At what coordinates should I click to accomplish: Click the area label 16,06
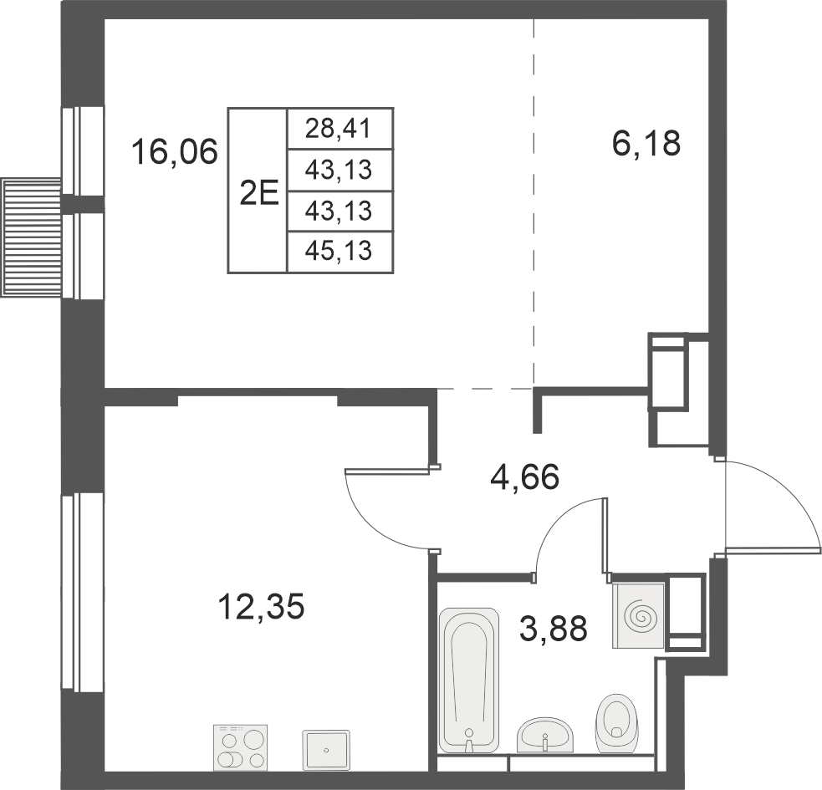pos(174,151)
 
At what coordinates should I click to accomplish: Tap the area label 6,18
pos(646,143)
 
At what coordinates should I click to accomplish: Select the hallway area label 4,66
pos(525,477)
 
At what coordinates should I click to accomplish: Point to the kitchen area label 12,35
pos(261,606)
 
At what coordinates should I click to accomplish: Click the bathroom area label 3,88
pos(553,628)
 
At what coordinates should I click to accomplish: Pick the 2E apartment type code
pos(258,193)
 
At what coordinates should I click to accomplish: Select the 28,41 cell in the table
pos(340,129)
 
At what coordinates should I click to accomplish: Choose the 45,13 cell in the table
pos(340,252)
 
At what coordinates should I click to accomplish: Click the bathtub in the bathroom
pos(468,680)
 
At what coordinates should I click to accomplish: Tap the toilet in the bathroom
pos(616,723)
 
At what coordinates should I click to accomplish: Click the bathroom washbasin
pos(545,735)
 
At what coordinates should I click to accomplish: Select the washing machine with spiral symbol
pos(639,615)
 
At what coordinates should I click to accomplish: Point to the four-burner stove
pos(241,747)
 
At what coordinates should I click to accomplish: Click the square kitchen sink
pos(326,750)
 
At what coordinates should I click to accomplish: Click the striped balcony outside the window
pos(32,237)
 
